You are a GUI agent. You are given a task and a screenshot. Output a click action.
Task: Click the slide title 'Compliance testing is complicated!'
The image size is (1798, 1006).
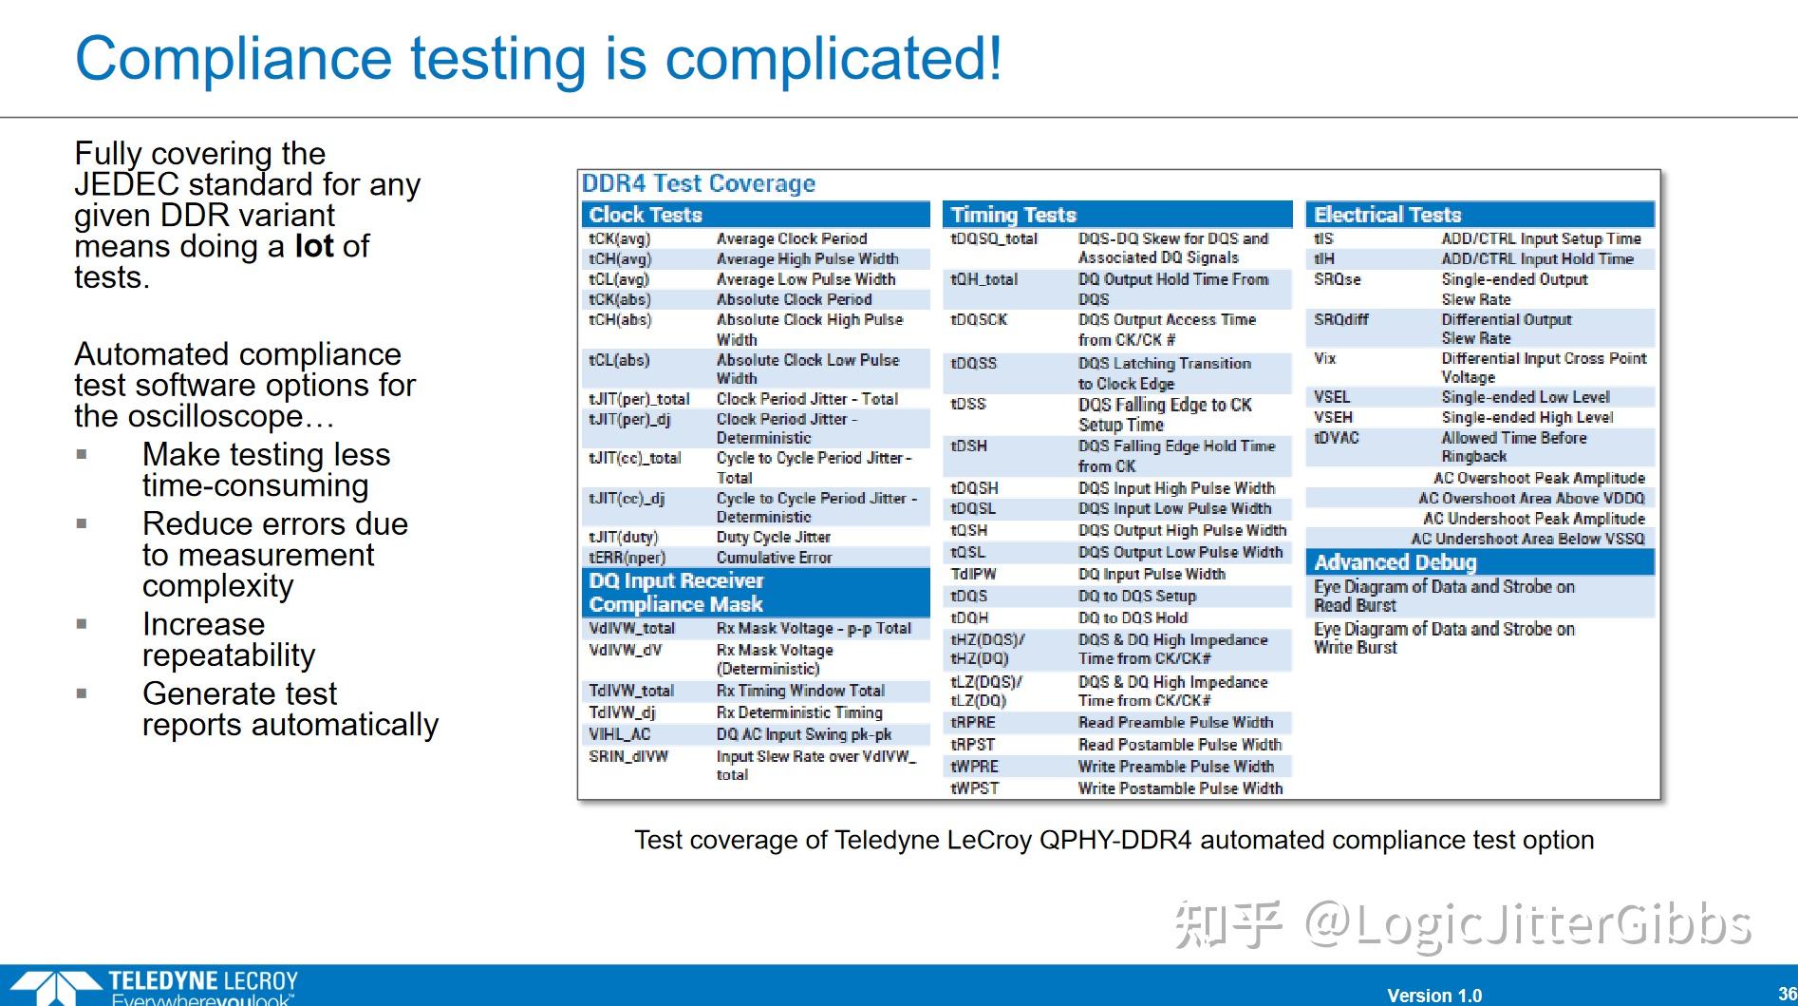point(538,59)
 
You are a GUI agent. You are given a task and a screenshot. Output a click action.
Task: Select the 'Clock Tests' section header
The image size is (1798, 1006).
point(646,215)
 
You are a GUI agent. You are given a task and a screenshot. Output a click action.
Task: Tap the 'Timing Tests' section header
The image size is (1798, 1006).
point(1013,215)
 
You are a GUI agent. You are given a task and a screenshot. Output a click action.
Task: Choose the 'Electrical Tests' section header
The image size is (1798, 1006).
point(1387,215)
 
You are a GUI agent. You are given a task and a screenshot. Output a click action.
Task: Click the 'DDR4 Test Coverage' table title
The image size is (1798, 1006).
point(699,183)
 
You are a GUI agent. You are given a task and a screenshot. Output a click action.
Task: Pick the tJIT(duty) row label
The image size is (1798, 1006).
point(623,538)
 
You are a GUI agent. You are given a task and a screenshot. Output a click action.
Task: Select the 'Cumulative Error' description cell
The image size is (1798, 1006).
point(774,558)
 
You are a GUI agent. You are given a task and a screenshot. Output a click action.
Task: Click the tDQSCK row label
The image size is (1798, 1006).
point(979,320)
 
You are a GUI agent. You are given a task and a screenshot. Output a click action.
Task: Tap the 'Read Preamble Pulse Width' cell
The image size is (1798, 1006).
point(1175,723)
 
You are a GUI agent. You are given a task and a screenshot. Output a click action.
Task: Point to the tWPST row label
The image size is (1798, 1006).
point(974,788)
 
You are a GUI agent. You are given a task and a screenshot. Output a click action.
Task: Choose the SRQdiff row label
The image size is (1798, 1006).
point(1340,320)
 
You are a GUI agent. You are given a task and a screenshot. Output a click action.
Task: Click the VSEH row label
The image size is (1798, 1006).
point(1333,418)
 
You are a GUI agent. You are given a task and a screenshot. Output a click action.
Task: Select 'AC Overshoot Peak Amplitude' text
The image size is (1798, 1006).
point(1539,479)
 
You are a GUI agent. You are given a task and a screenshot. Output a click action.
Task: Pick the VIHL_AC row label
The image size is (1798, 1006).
point(619,734)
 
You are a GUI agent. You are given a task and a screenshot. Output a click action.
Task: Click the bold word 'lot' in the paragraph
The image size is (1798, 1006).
point(314,246)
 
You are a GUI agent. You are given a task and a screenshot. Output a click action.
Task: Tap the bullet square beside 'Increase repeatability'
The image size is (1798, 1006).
point(82,624)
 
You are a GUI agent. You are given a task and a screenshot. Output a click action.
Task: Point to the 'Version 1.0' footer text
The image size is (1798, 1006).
point(1434,996)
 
